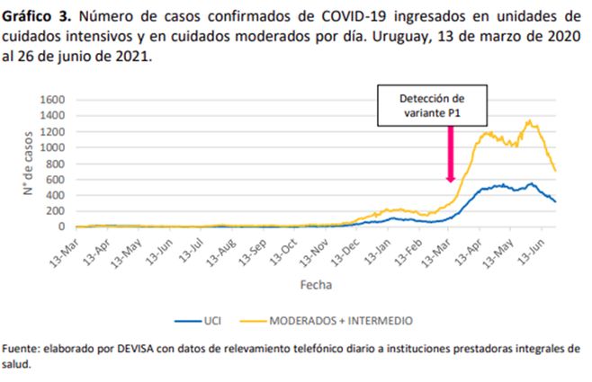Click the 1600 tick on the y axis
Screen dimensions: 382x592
pyautogui.click(x=53, y=99)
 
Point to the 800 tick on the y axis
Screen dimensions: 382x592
pyautogui.click(x=56, y=163)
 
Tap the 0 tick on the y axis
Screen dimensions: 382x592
pyautogui.click(x=63, y=227)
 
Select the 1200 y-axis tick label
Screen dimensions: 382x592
pyautogui.click(x=53, y=131)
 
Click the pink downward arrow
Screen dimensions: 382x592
pyautogui.click(x=450, y=153)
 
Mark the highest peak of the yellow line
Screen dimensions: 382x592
pyautogui.click(x=529, y=120)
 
